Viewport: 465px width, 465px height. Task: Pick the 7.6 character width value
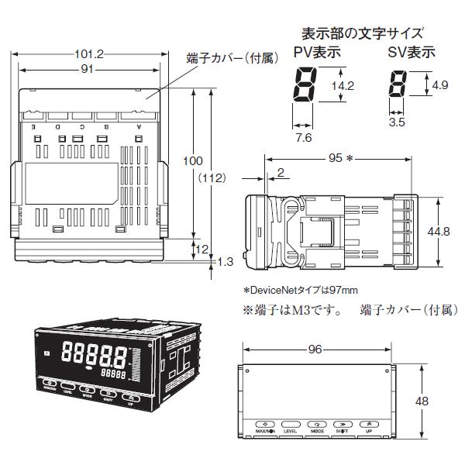304,137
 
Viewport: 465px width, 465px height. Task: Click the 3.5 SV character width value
396,122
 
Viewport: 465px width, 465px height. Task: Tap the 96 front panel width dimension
315,349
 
